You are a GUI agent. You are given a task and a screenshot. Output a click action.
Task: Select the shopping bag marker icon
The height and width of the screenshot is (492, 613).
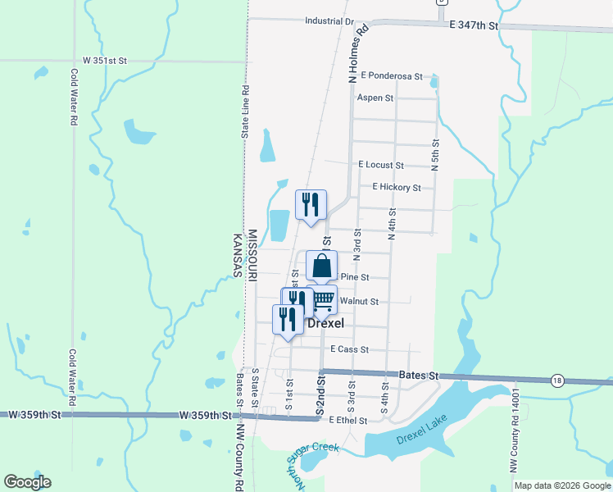pos(322,266)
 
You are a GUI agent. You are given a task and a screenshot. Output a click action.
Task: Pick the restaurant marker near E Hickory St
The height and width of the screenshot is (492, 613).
pos(311,204)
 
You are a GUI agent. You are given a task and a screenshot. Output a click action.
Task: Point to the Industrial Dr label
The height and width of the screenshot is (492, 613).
pos(329,21)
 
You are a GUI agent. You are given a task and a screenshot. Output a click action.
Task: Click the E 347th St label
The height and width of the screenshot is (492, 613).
pos(474,26)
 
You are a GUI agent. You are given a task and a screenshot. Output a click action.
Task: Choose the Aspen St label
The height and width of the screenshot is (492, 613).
pos(375,98)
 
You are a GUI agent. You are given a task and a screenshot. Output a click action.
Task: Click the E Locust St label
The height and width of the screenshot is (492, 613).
pos(381,165)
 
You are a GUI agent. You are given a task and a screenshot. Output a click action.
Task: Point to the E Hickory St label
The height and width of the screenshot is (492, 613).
pos(396,187)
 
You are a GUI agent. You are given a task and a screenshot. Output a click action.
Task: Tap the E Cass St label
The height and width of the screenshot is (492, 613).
pos(349,349)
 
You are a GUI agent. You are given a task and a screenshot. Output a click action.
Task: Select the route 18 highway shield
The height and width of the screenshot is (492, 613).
pos(557,380)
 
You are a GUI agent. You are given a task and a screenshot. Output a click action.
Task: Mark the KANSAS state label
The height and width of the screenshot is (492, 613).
pos(237,254)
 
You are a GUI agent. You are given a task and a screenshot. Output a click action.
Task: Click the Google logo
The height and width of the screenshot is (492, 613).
pos(27,482)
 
